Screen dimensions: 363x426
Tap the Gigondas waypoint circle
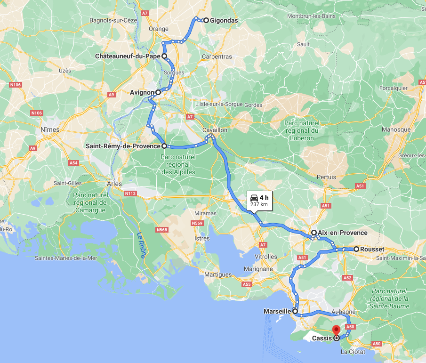point(206,20)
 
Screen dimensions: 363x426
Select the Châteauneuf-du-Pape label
point(128,56)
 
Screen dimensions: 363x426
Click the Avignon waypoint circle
point(158,92)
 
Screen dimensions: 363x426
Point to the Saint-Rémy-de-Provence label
point(122,146)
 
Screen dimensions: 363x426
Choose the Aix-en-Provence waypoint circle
point(313,233)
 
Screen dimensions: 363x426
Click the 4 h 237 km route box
point(259,201)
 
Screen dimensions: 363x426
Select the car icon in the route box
point(254,197)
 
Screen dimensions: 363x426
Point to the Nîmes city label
point(50,129)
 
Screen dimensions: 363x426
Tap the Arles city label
point(114,184)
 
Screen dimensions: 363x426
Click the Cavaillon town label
point(215,129)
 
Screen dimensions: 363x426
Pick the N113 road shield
point(130,193)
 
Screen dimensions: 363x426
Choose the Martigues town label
point(218,274)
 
